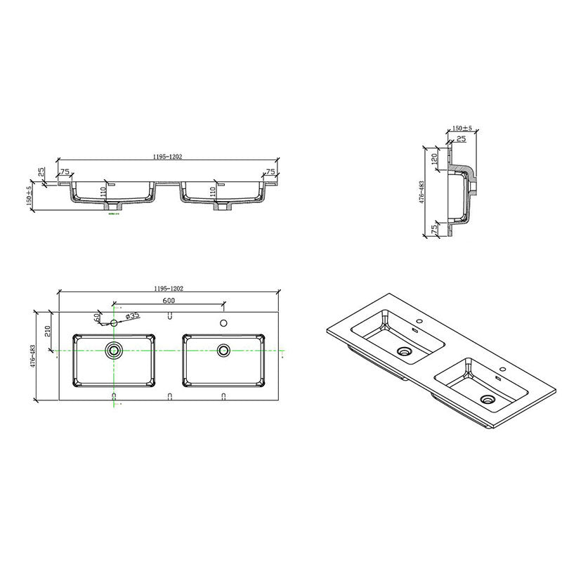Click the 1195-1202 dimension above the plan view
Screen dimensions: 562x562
click(x=169, y=289)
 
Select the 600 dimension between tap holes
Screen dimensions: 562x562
click(x=169, y=301)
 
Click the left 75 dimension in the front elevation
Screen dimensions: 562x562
click(x=65, y=171)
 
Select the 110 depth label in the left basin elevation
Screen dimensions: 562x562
click(x=103, y=190)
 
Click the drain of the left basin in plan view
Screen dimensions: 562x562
click(x=113, y=349)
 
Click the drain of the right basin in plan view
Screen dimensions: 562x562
click(x=224, y=349)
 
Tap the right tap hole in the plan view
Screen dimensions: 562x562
click(x=223, y=324)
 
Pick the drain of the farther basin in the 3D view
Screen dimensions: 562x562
click(x=404, y=351)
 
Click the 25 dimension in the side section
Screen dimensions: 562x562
click(x=460, y=140)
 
